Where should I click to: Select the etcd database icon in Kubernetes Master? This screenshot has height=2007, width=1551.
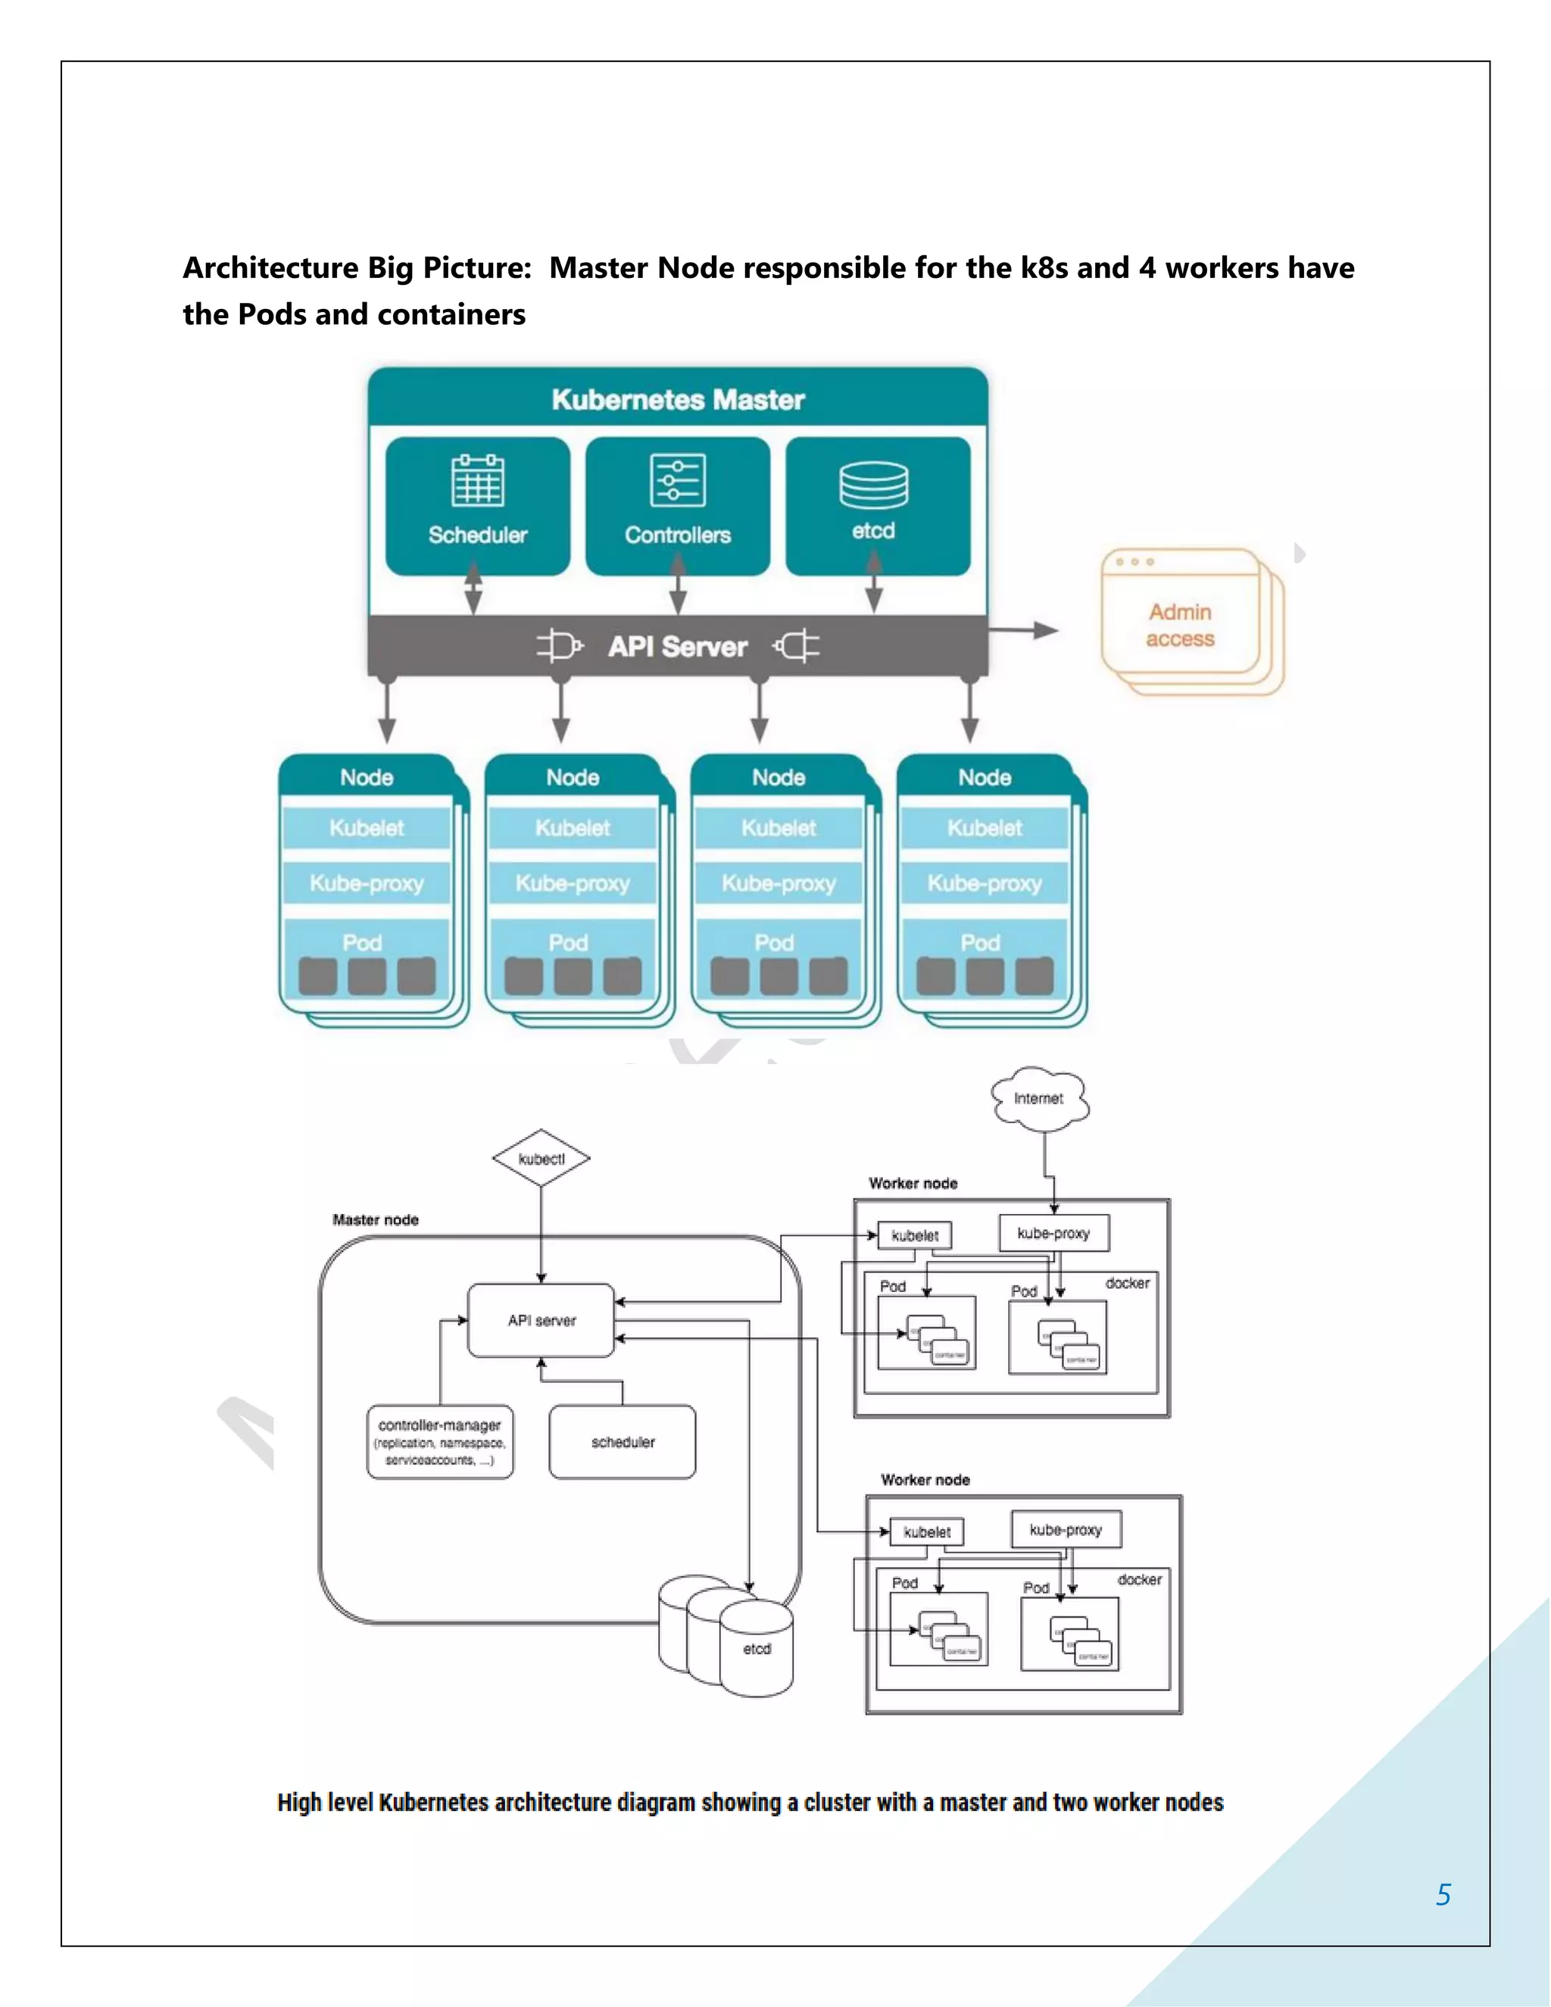point(874,485)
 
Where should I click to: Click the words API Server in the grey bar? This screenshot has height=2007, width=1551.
point(677,647)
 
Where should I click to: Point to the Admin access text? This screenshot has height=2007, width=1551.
point(1180,625)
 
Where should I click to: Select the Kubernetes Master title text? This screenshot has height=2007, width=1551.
point(678,400)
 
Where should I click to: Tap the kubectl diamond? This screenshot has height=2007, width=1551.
point(541,1159)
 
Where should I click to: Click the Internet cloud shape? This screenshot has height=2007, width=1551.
point(1040,1098)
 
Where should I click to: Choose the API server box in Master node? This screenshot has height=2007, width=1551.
point(541,1321)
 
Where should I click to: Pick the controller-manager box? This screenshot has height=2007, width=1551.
point(439,1441)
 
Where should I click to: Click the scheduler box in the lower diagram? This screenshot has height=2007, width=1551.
point(622,1442)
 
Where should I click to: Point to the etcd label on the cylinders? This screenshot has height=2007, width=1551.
point(757,1649)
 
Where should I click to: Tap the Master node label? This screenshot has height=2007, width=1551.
point(375,1219)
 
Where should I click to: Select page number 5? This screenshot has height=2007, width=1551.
point(1443,1894)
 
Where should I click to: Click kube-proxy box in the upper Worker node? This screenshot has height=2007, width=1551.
point(1054,1233)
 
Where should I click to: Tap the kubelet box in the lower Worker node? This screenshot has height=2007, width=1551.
point(926,1532)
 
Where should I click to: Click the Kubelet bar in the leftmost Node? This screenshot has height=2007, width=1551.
point(366,828)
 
